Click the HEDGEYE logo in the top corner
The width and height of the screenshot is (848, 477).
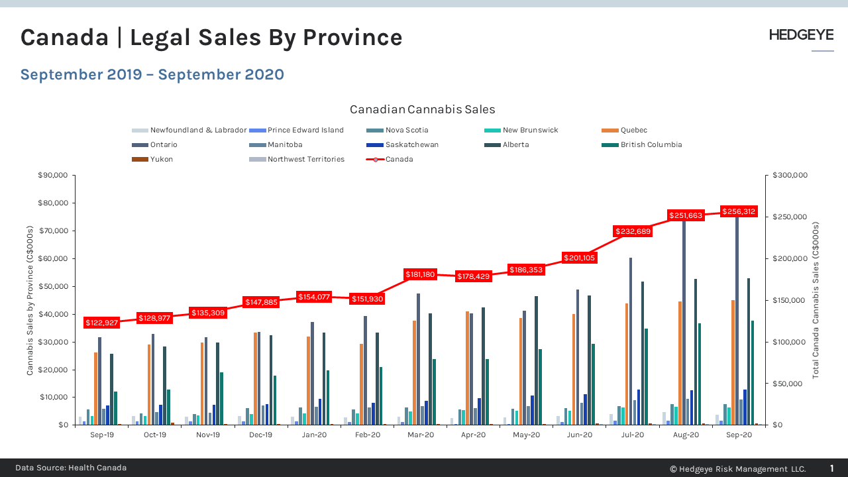coord(801,35)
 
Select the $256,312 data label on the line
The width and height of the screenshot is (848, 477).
coord(739,211)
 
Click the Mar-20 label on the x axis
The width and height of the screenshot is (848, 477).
coord(420,435)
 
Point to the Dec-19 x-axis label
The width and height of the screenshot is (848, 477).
coord(261,435)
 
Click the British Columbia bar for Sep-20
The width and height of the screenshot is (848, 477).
coord(752,372)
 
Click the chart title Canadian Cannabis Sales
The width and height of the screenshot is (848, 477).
coord(422,109)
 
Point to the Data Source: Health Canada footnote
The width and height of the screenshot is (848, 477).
coord(71,468)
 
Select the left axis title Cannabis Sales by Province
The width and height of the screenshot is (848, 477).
coord(30,299)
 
